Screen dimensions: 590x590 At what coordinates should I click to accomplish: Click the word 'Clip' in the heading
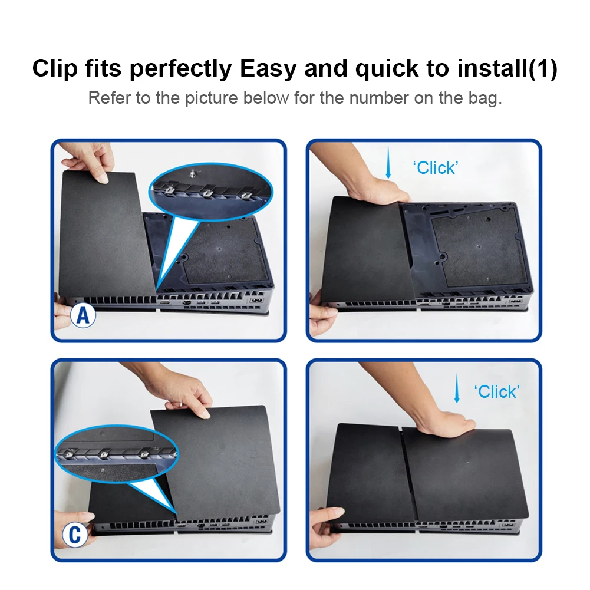(55, 68)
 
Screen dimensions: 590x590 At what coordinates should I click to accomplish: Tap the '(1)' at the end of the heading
(543, 68)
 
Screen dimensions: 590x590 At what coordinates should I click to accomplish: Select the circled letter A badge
(83, 315)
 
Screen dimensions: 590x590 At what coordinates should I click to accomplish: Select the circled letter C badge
(75, 535)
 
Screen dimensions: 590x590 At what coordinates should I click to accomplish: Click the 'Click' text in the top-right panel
(436, 168)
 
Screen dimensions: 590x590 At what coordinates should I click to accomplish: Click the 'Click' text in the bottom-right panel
(497, 392)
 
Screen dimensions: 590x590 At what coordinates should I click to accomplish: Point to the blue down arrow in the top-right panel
(388, 163)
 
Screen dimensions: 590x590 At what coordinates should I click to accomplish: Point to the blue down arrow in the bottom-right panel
(457, 388)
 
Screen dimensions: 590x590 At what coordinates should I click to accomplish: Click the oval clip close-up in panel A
(211, 192)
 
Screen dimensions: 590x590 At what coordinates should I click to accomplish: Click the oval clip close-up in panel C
(117, 453)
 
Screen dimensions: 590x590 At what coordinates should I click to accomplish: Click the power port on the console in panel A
(256, 300)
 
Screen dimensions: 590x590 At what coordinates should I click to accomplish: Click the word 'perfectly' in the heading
(180, 69)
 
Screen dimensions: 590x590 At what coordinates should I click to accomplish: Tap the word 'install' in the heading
(492, 68)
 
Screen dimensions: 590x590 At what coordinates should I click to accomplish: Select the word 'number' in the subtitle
(379, 98)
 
